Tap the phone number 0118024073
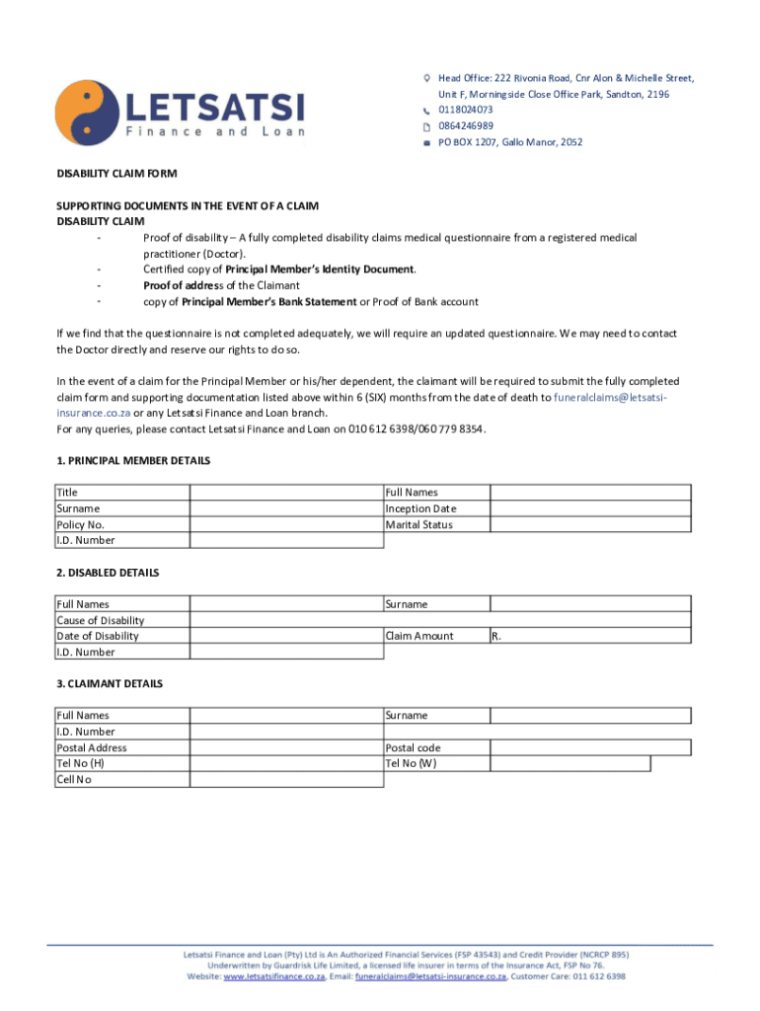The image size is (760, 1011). click(x=466, y=110)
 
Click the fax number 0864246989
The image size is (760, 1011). click(x=466, y=126)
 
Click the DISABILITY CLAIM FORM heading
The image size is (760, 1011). click(x=116, y=174)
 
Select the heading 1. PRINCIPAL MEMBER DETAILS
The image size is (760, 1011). click(x=133, y=461)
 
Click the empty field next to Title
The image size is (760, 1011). click(x=286, y=493)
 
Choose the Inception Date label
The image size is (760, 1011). click(x=421, y=508)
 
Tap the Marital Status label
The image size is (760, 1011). click(x=419, y=524)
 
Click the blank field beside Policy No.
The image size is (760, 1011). click(x=286, y=524)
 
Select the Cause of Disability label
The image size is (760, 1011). click(x=101, y=620)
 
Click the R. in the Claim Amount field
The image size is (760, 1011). click(x=496, y=636)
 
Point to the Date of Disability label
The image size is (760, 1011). click(x=98, y=636)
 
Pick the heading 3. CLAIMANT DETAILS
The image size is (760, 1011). click(x=110, y=683)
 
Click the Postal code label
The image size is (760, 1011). click(x=414, y=747)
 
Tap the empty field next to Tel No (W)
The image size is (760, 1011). click(x=570, y=763)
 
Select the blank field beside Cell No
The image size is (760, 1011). click(x=286, y=780)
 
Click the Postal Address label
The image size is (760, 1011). click(x=92, y=747)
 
